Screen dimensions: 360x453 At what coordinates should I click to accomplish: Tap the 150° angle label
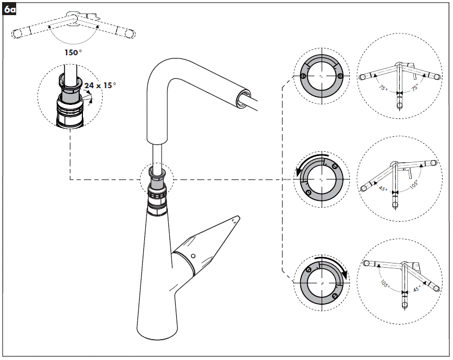coord(74,53)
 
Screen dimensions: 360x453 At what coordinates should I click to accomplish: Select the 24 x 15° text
coord(100,86)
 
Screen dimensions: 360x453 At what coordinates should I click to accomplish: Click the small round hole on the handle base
coord(193,256)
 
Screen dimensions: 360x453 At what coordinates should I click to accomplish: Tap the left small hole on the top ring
coord(303,77)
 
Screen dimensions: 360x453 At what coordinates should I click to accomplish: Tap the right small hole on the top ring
coord(340,77)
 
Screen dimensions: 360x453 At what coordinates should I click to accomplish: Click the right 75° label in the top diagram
coord(415,89)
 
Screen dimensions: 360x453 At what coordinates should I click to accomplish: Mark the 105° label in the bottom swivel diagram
coord(385,285)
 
